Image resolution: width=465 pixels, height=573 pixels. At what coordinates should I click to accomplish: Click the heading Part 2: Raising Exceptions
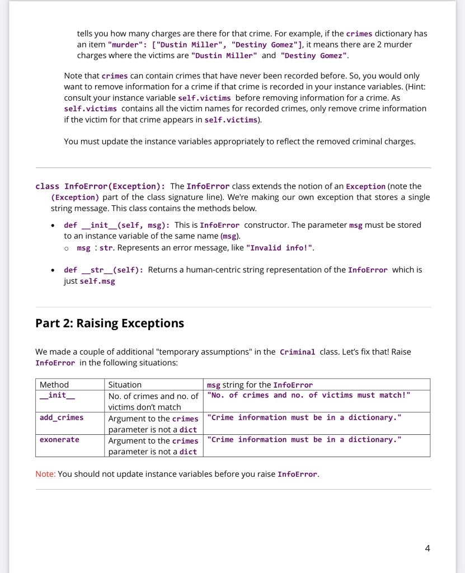[x=110, y=323]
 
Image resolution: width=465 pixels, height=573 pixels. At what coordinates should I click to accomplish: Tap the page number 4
[x=428, y=548]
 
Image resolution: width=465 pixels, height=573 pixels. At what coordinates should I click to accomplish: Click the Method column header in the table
[x=54, y=384]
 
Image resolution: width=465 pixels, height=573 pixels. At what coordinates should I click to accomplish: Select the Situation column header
[x=125, y=384]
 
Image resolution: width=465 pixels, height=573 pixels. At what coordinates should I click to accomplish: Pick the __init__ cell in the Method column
[x=53, y=395]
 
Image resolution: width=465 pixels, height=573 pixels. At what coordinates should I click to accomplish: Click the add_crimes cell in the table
[x=62, y=417]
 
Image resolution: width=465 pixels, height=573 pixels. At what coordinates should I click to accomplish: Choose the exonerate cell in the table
[x=59, y=439]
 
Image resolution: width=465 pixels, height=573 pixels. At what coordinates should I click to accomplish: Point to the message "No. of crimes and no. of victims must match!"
[x=308, y=395]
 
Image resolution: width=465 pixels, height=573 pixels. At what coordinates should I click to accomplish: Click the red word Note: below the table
[x=45, y=474]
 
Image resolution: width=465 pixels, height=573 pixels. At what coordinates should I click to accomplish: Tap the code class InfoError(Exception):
[x=100, y=186]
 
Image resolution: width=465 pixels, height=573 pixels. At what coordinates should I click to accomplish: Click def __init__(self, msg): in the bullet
[x=117, y=225]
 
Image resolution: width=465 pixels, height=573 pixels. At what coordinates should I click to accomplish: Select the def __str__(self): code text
[x=104, y=270]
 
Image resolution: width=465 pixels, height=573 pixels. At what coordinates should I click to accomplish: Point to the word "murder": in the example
[x=126, y=45]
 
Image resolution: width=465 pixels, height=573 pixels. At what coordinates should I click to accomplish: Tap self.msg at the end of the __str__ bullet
[x=98, y=281]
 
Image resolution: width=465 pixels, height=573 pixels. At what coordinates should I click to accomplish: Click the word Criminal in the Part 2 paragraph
[x=297, y=352]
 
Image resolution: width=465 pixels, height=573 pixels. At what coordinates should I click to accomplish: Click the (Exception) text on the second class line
[x=75, y=198]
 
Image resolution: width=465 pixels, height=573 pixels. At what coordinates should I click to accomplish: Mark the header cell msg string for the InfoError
[x=260, y=384]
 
